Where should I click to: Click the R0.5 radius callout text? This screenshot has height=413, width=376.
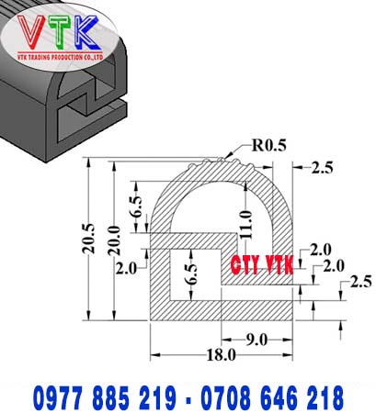(x=269, y=145)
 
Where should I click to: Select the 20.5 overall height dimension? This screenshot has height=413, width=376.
(x=89, y=239)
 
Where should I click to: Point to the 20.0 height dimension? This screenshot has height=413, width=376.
(x=115, y=240)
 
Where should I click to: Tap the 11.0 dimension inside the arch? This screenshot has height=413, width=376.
(x=246, y=224)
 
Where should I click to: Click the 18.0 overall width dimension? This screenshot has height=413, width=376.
(x=222, y=355)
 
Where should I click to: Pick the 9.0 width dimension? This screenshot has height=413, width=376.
(x=256, y=340)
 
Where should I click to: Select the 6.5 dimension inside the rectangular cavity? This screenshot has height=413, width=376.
(x=191, y=273)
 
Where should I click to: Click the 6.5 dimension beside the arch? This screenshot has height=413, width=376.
(x=136, y=206)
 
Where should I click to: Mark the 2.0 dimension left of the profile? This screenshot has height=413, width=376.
(x=126, y=269)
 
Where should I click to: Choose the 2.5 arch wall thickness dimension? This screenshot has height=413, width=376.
(x=322, y=168)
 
